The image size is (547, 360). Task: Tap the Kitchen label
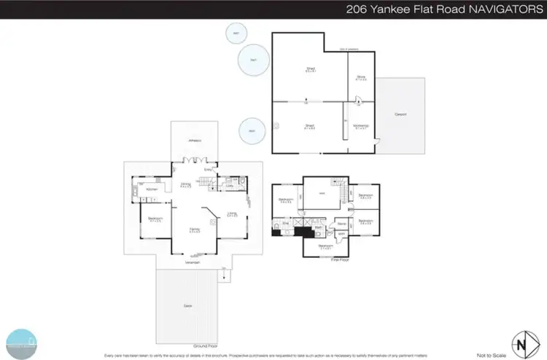[x=152, y=190]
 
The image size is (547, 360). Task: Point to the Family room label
[x=195, y=230]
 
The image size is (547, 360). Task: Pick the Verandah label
[x=193, y=262]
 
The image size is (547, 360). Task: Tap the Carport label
[x=400, y=114]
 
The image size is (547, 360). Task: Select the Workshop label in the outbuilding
[x=360, y=125]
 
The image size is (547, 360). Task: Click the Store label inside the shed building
[x=360, y=77]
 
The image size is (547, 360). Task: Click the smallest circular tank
[x=235, y=34]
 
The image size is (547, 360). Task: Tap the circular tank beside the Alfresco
[x=252, y=130]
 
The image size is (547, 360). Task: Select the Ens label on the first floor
[x=287, y=223]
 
